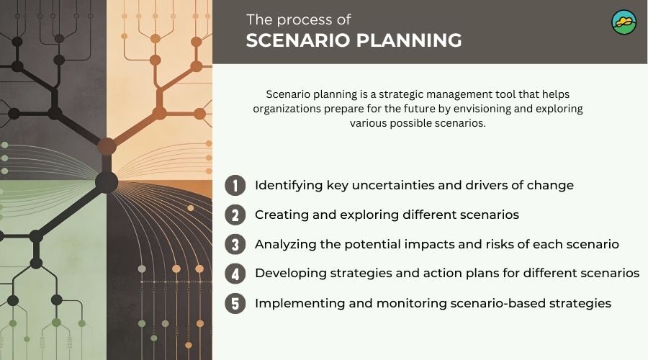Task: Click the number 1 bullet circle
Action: [x=235, y=186]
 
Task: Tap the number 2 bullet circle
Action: [x=235, y=215]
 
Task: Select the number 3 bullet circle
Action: [x=235, y=245]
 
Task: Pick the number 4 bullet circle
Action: [x=235, y=274]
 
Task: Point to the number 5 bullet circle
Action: [x=235, y=304]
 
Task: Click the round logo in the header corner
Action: [x=624, y=22]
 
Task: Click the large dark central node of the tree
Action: [x=107, y=181]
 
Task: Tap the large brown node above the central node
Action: [x=107, y=147]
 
